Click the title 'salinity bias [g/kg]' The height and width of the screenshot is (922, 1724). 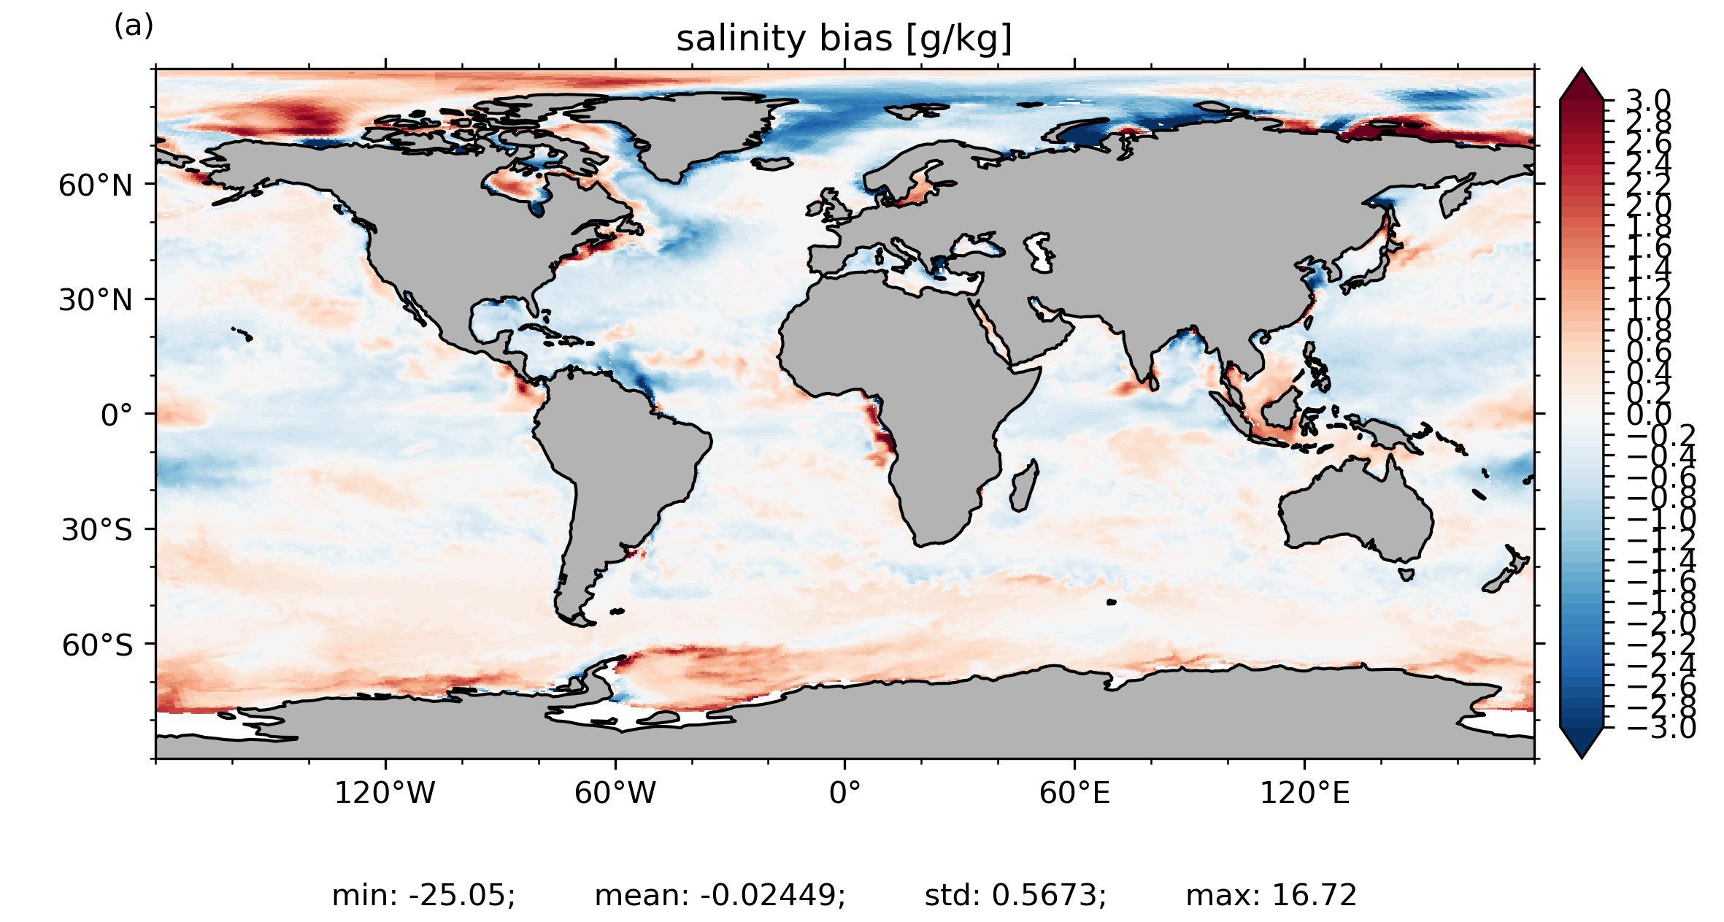pyautogui.click(x=844, y=39)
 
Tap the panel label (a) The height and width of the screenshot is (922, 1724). pyautogui.click(x=134, y=26)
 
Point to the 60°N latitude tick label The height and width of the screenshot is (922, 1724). pyautogui.click(x=96, y=186)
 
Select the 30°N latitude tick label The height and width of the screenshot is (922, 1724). pyautogui.click(x=96, y=301)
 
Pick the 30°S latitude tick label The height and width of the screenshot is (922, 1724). pyautogui.click(x=97, y=531)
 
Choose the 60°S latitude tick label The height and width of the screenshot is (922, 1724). pyautogui.click(x=97, y=646)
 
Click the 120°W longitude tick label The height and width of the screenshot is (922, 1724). pyautogui.click(x=385, y=794)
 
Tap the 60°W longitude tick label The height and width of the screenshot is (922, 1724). pyautogui.click(x=615, y=794)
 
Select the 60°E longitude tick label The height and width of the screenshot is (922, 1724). pyautogui.click(x=1074, y=794)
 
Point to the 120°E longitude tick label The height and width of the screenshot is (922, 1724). pyautogui.click(x=1304, y=794)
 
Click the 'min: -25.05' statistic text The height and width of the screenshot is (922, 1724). pyautogui.click(x=423, y=896)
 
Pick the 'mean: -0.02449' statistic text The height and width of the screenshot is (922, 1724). pyautogui.click(x=720, y=896)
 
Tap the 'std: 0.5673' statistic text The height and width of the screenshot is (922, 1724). pyautogui.click(x=1015, y=896)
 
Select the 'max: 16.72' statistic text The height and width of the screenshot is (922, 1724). pyautogui.click(x=1271, y=896)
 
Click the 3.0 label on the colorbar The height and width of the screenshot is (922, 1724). pyautogui.click(x=1648, y=101)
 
